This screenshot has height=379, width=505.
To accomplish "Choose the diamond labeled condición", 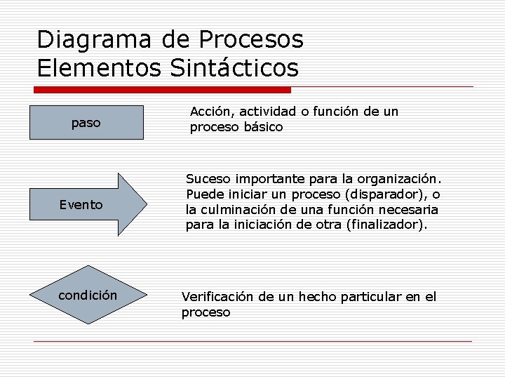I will coord(88,295).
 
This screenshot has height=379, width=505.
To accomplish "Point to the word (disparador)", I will coord(392,194).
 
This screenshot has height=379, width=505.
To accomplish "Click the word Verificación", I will coord(217,297).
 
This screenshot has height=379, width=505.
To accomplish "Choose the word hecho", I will coord(318,297).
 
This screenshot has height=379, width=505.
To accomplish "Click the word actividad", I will coord(266,112).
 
